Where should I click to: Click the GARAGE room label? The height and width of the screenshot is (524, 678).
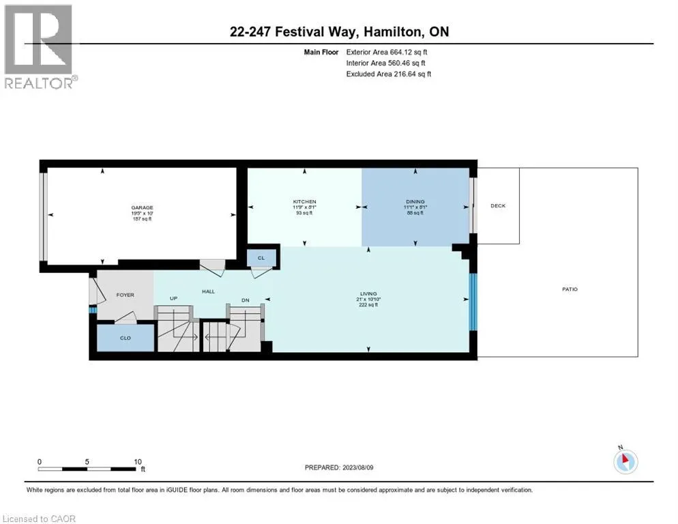click(142, 207)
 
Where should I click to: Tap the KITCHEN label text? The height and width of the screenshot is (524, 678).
click(304, 202)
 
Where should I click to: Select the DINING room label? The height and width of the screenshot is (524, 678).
click(415, 202)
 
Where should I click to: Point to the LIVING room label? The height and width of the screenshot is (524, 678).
click(368, 294)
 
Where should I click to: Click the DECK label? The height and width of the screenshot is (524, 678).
click(498, 206)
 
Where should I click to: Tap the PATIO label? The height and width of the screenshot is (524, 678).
click(570, 289)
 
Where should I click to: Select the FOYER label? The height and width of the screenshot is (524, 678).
click(125, 295)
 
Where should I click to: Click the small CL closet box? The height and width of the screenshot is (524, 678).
click(261, 258)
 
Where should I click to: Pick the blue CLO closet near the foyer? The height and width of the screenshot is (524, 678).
click(126, 338)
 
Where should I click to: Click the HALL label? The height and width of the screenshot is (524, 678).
click(208, 291)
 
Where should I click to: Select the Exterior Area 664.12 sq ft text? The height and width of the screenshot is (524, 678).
click(387, 52)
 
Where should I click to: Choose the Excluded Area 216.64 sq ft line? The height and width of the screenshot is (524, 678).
click(389, 74)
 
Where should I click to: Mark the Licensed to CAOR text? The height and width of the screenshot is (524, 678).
click(40, 519)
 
